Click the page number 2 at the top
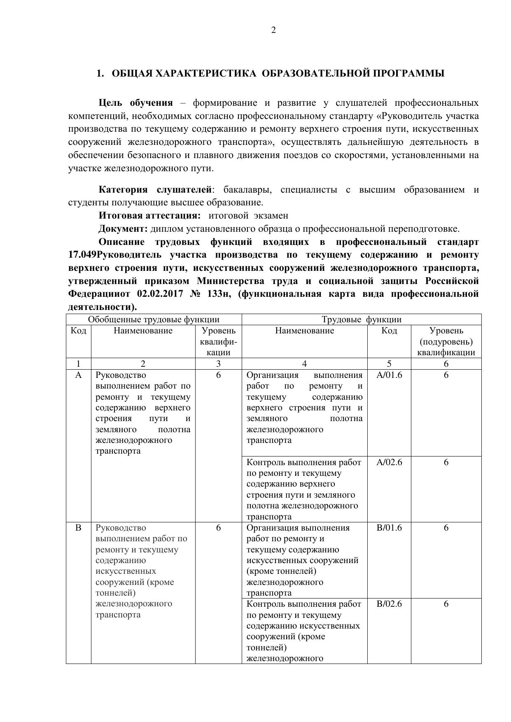click(273, 30)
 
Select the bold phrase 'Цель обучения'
click(135, 102)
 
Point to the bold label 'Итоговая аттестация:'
click(150, 216)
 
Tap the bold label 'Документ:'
click(123, 229)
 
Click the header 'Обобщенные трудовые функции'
click(154, 319)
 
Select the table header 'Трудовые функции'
click(361, 319)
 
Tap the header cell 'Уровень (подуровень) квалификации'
click(446, 341)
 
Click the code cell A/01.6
click(389, 375)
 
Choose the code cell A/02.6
click(389, 462)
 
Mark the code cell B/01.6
click(389, 528)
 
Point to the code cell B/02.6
click(389, 604)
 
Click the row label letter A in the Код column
click(78, 375)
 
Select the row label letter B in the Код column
click(78, 528)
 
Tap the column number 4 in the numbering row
click(304, 363)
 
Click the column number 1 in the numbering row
click(78, 363)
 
